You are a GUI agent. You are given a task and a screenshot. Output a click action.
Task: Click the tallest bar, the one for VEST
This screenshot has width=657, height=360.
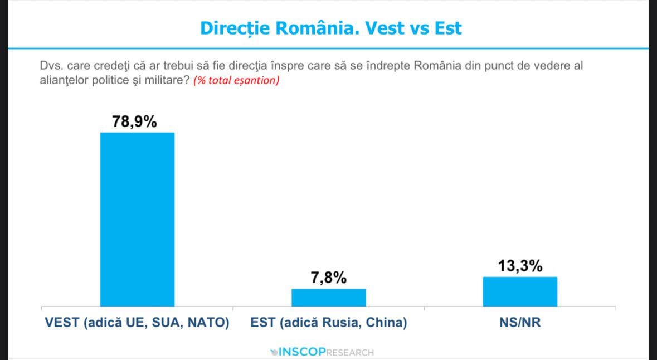[137, 219]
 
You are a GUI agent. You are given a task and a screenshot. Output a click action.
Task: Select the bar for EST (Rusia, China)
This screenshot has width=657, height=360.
[329, 298]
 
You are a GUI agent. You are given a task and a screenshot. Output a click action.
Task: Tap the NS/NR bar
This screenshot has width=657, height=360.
[520, 291]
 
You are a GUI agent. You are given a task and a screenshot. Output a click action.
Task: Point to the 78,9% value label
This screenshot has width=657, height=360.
[134, 121]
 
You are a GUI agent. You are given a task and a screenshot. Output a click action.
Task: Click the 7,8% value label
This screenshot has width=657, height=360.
[329, 278]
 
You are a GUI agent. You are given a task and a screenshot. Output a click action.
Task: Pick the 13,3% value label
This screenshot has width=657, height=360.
[520, 266]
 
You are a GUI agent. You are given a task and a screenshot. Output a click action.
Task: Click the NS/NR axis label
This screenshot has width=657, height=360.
[520, 323]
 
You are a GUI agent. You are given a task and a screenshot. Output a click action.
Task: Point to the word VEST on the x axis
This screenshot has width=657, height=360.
[62, 323]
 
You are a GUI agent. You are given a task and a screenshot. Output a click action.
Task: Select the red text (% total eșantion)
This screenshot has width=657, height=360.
[236, 80]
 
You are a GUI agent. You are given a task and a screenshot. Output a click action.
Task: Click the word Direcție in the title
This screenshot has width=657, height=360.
[236, 28]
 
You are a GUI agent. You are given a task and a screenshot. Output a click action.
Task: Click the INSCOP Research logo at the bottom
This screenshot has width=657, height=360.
[322, 352]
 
